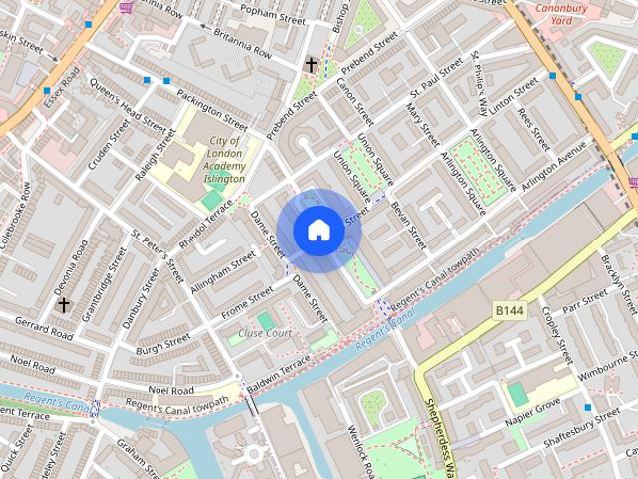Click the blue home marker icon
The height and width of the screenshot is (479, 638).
[x=318, y=231]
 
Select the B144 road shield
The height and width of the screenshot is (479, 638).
[x=510, y=312]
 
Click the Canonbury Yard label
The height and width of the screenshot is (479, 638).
[x=565, y=14]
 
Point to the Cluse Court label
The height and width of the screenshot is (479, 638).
[x=264, y=333]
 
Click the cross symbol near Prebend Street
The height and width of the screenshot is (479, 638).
[x=311, y=65]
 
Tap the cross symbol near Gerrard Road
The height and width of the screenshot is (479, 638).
[x=64, y=304]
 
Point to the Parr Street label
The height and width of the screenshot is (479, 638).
[x=584, y=303]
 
